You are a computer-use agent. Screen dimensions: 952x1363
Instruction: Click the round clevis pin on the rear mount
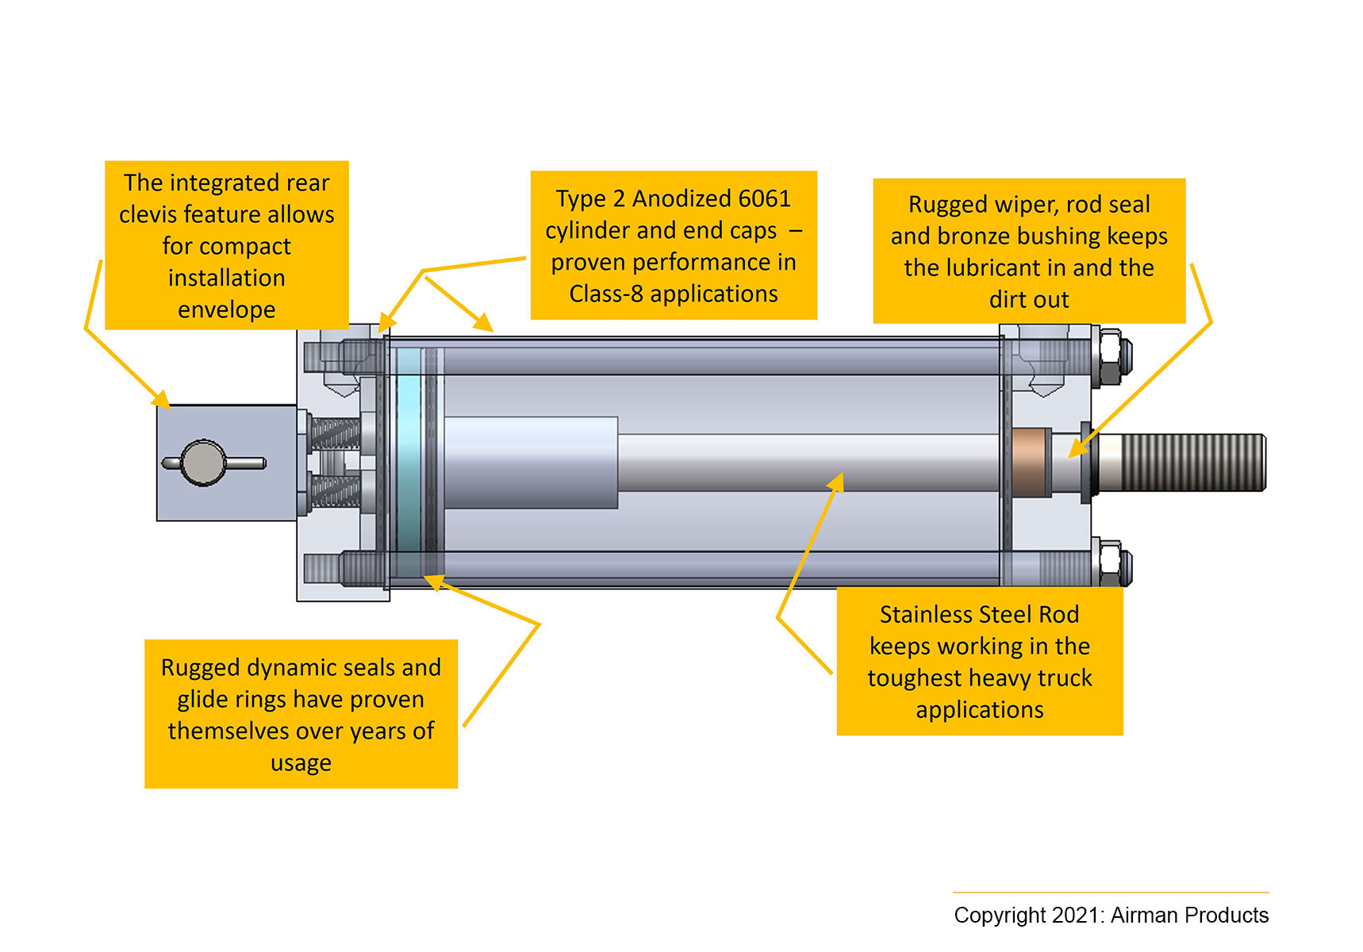coord(203,463)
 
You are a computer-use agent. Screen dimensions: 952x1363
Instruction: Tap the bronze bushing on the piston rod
coord(1030,463)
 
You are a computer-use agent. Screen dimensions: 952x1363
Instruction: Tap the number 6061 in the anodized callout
coord(764,198)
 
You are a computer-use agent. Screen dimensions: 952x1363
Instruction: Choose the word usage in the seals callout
coord(301,763)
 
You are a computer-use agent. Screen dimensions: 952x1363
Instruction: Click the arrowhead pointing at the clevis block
coord(162,399)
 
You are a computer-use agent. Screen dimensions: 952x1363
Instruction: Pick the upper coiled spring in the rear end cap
coord(335,433)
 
